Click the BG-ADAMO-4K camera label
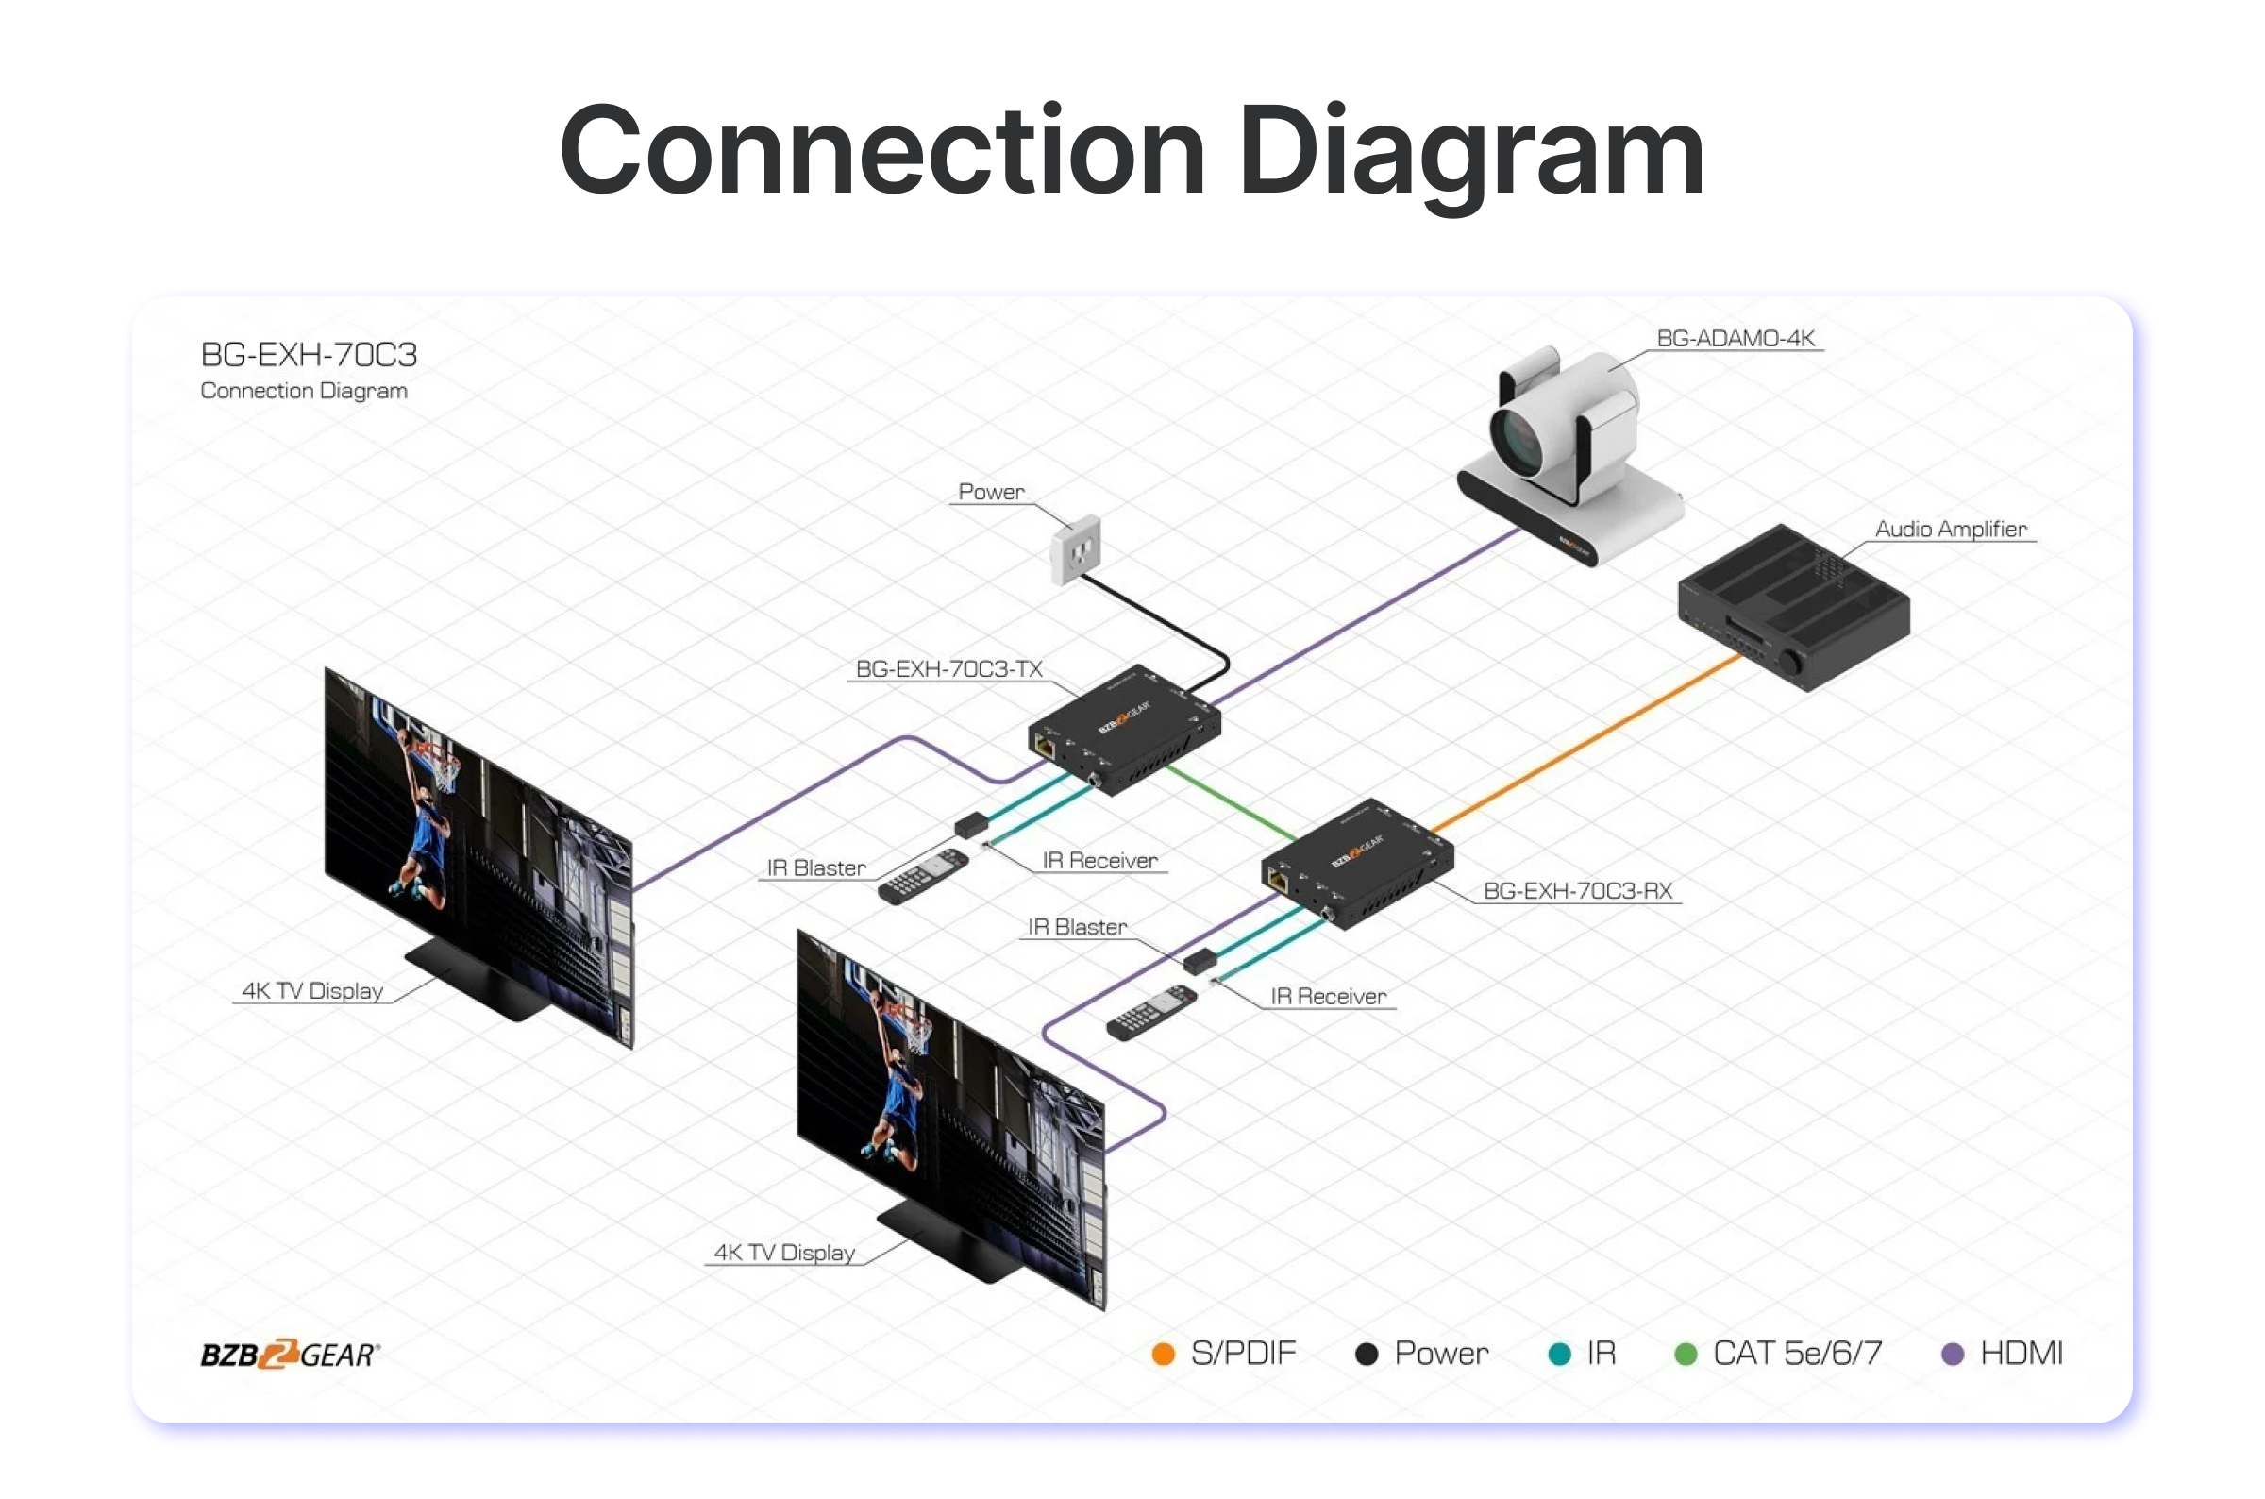[1735, 339]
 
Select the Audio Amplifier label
[1950, 529]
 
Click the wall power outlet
[1076, 549]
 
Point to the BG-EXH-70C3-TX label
[948, 669]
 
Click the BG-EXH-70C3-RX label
[1577, 891]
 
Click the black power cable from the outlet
[1156, 616]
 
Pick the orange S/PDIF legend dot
[1163, 1354]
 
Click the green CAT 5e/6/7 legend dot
[1686, 1354]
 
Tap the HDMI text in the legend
[2022, 1354]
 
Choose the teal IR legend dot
[1559, 1354]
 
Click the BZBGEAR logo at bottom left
[290, 1354]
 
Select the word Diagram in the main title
[1470, 153]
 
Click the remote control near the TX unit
[923, 876]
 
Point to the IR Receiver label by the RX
[1328, 996]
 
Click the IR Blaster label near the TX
[816, 868]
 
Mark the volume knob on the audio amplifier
[1788, 663]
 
